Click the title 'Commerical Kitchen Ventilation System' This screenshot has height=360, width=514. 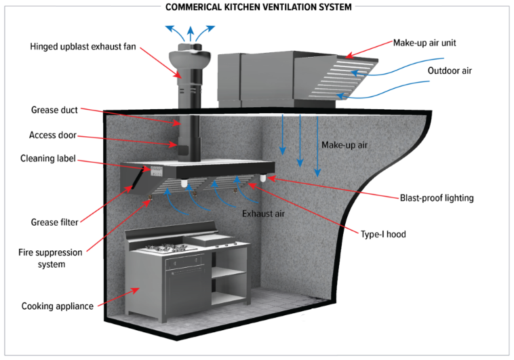(x=257, y=7)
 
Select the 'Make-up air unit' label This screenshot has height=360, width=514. (x=424, y=42)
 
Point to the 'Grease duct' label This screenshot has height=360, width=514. (x=54, y=110)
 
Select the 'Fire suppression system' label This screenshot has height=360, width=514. (x=51, y=258)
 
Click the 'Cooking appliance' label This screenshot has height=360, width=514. (x=57, y=306)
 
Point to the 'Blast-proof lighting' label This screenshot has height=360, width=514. (x=436, y=198)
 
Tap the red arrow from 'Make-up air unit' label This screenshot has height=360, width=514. (x=367, y=49)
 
